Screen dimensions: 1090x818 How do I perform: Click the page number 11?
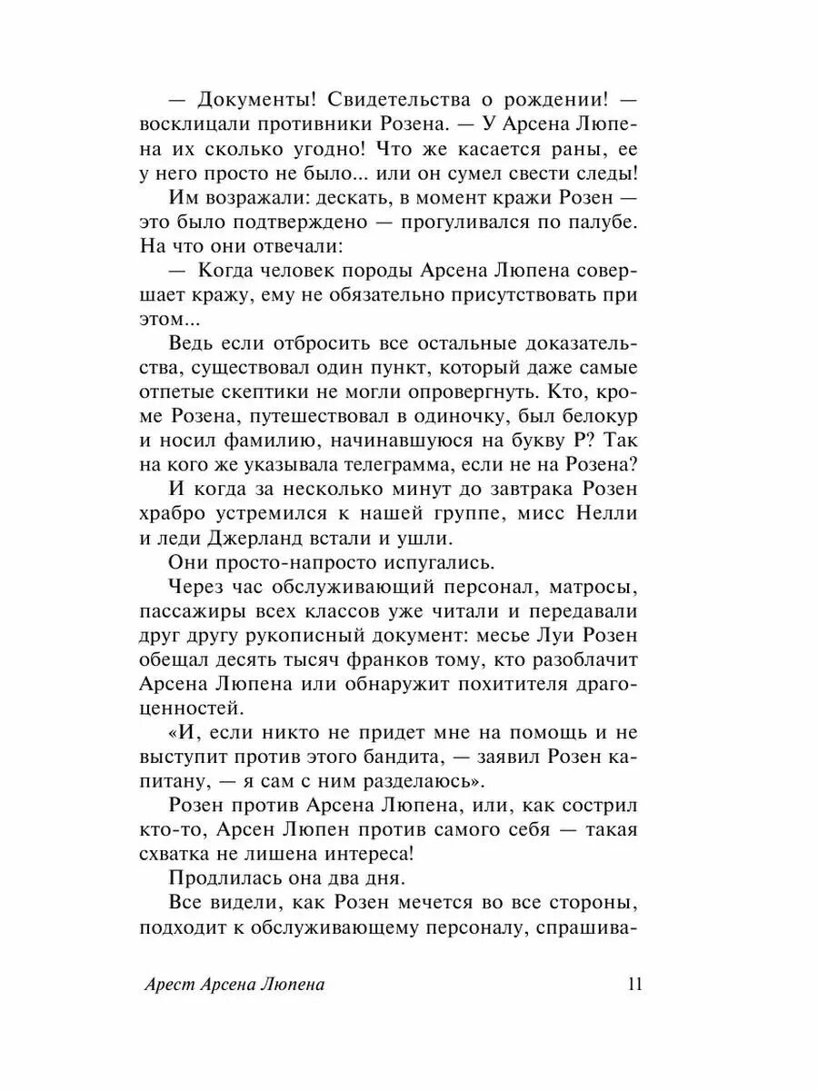click(634, 984)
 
